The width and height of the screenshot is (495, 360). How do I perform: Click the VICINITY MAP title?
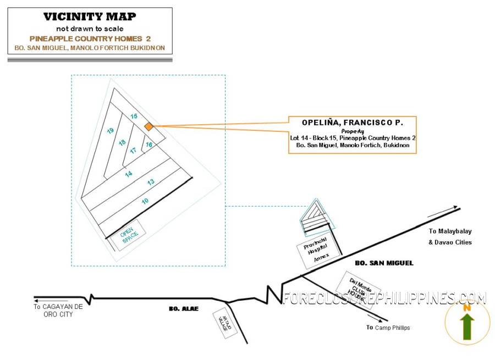click(x=90, y=17)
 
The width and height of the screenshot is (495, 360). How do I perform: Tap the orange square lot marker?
click(x=148, y=127)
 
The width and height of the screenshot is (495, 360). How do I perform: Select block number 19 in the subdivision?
click(x=111, y=130)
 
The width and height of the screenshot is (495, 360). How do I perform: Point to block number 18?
click(x=122, y=142)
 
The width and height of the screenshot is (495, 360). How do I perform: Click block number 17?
click(x=133, y=150)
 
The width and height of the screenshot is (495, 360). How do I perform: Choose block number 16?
click(x=148, y=145)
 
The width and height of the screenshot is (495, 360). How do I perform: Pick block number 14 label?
click(x=129, y=174)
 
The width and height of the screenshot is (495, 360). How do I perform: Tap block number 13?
click(x=151, y=181)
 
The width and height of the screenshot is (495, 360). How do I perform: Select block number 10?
click(x=145, y=201)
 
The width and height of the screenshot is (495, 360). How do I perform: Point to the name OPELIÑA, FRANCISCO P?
click(x=352, y=123)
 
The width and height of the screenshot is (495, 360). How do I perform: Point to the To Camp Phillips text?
click(x=388, y=328)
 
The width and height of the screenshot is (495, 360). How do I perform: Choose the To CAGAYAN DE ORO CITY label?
click(x=58, y=311)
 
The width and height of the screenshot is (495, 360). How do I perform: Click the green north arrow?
click(x=468, y=324)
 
